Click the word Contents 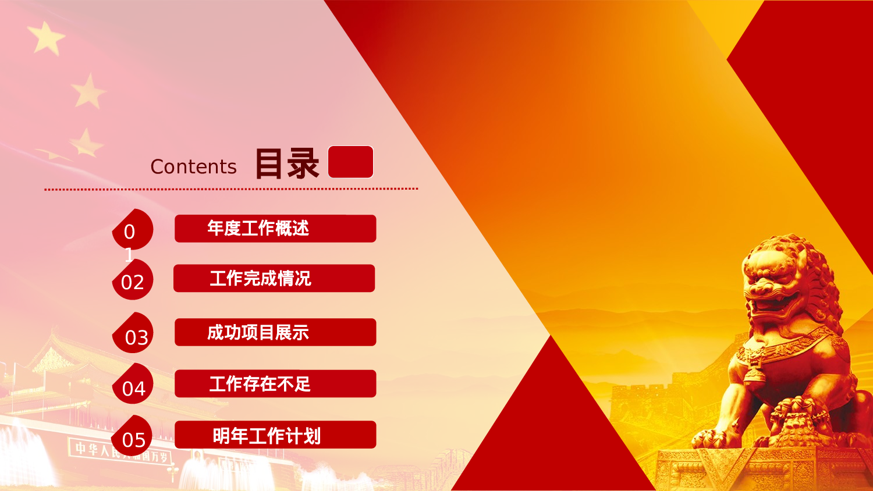click(193, 167)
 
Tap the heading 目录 click(287, 163)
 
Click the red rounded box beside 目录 click(350, 162)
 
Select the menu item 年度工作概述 click(275, 228)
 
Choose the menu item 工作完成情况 click(274, 278)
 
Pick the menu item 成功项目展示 click(275, 332)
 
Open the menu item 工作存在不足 click(275, 383)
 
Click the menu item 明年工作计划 click(275, 435)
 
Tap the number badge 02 click(133, 282)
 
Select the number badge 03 click(135, 337)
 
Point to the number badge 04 click(133, 388)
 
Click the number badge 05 click(133, 439)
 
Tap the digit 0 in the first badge click(130, 232)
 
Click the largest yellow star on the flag click(47, 38)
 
